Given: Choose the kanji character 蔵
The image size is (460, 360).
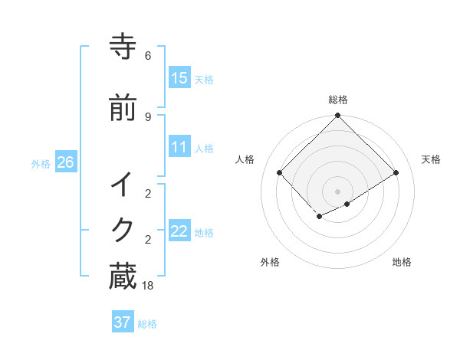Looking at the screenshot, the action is point(123,277).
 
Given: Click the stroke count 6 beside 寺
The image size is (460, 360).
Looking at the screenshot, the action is point(148,56).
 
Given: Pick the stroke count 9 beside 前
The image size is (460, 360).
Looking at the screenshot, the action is point(148,116).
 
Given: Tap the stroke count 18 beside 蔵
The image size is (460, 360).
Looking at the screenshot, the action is point(148,285).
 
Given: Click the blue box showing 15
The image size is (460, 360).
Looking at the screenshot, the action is point(179,78).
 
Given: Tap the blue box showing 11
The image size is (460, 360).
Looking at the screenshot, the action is point(179,148).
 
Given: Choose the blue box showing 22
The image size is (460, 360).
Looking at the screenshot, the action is point(179,231).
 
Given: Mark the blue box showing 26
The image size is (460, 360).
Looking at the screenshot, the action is point(66,162).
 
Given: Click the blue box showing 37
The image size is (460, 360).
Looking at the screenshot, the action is point(123,322).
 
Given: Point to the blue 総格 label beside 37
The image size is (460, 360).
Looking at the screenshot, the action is point(147,324).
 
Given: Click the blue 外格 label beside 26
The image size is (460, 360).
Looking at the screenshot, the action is point(41,164).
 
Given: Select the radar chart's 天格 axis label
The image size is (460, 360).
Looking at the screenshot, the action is point(431,159).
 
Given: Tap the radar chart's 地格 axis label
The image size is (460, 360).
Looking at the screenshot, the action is point(402,262).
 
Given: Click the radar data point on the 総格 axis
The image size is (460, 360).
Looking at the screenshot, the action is point(337,116).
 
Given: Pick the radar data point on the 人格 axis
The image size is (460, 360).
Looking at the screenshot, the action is point(280,173).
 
